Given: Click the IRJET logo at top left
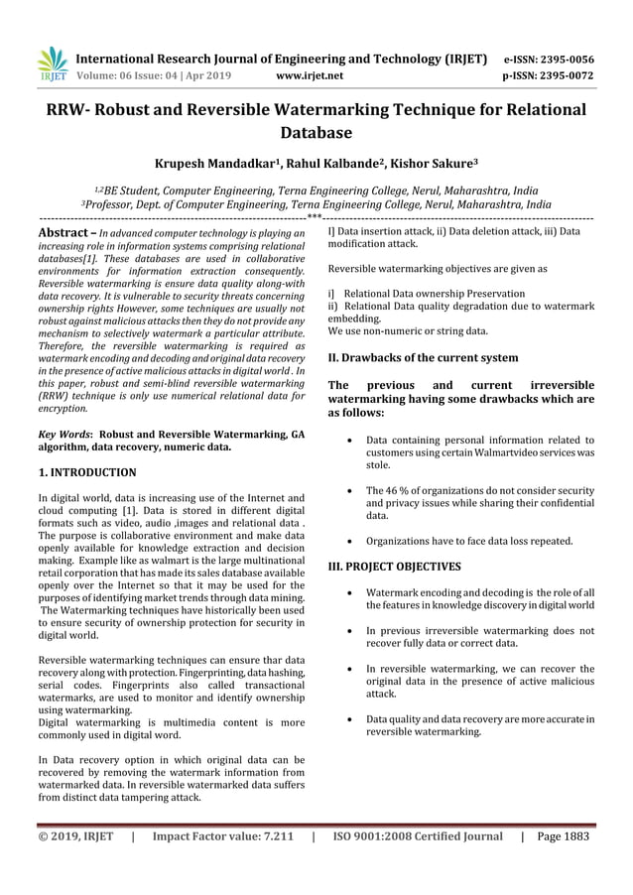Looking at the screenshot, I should [x=52, y=64].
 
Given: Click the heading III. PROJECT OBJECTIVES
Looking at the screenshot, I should [x=394, y=567].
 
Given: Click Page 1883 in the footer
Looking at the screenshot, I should [x=563, y=835].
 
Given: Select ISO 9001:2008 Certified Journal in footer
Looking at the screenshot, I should [x=418, y=835].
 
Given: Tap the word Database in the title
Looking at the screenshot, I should [x=316, y=132].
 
